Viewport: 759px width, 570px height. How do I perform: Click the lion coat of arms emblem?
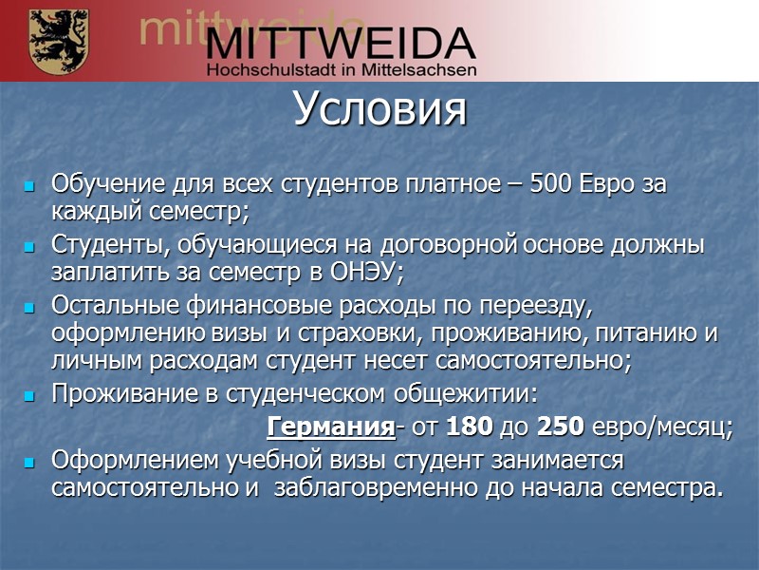(x=59, y=41)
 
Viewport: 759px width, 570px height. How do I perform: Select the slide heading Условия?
(x=379, y=110)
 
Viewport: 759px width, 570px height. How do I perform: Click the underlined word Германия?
(x=331, y=427)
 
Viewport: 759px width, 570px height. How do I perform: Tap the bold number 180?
(x=469, y=427)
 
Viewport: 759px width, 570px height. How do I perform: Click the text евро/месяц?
(x=662, y=427)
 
